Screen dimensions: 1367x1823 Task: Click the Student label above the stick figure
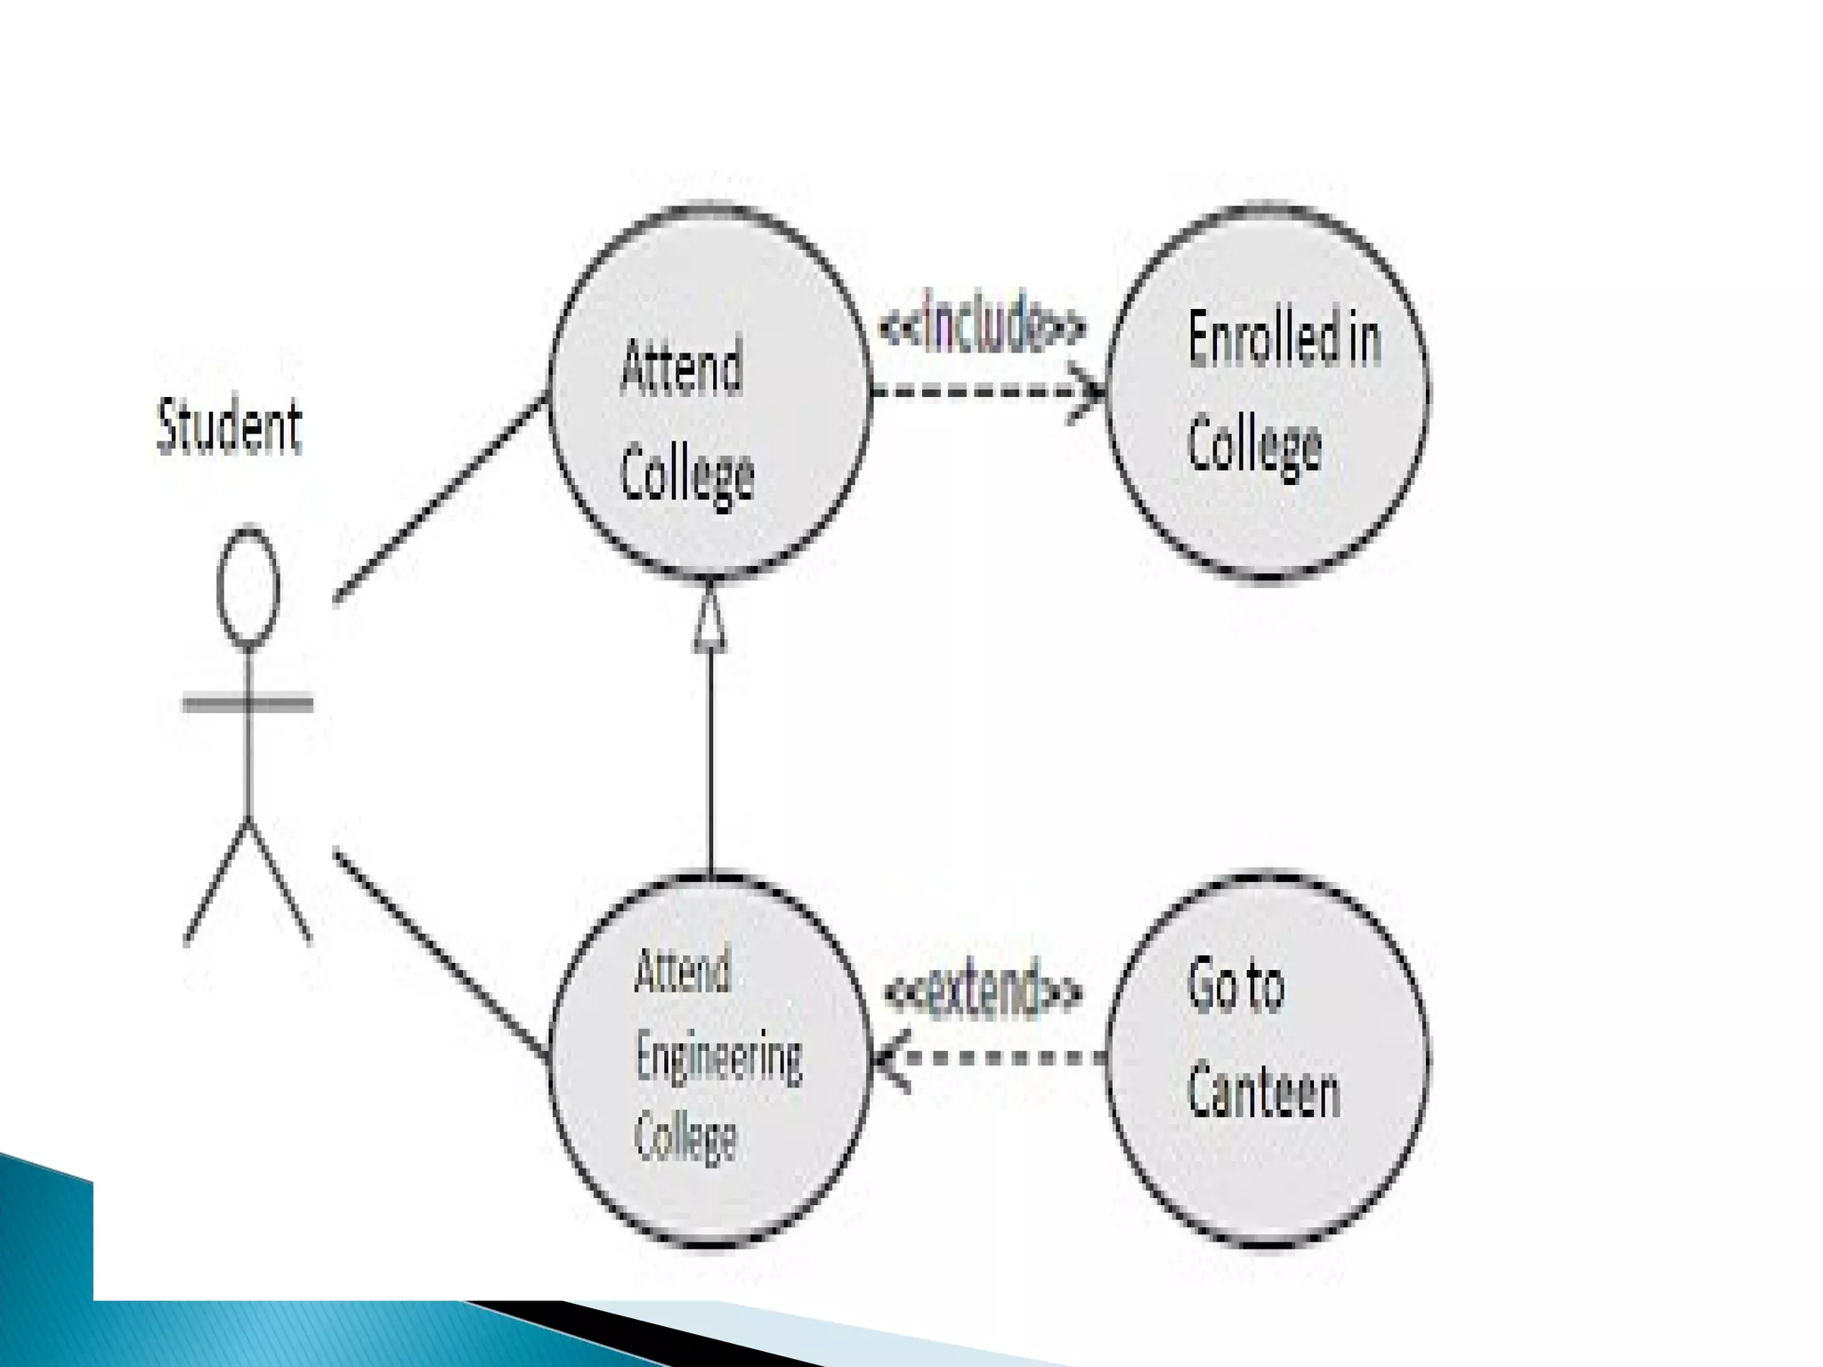point(230,427)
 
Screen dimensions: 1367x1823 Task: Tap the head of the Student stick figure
point(248,586)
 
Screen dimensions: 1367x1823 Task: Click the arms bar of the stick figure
point(247,703)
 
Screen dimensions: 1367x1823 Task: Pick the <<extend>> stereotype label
point(984,990)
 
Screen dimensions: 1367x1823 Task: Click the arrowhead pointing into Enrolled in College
point(1091,391)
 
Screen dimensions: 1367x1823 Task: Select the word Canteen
point(1263,1093)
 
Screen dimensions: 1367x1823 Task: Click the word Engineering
point(718,1058)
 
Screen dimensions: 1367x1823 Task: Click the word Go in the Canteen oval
point(1210,985)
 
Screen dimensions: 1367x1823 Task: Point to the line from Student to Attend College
point(441,497)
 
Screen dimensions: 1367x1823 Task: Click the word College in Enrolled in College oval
point(1254,445)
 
